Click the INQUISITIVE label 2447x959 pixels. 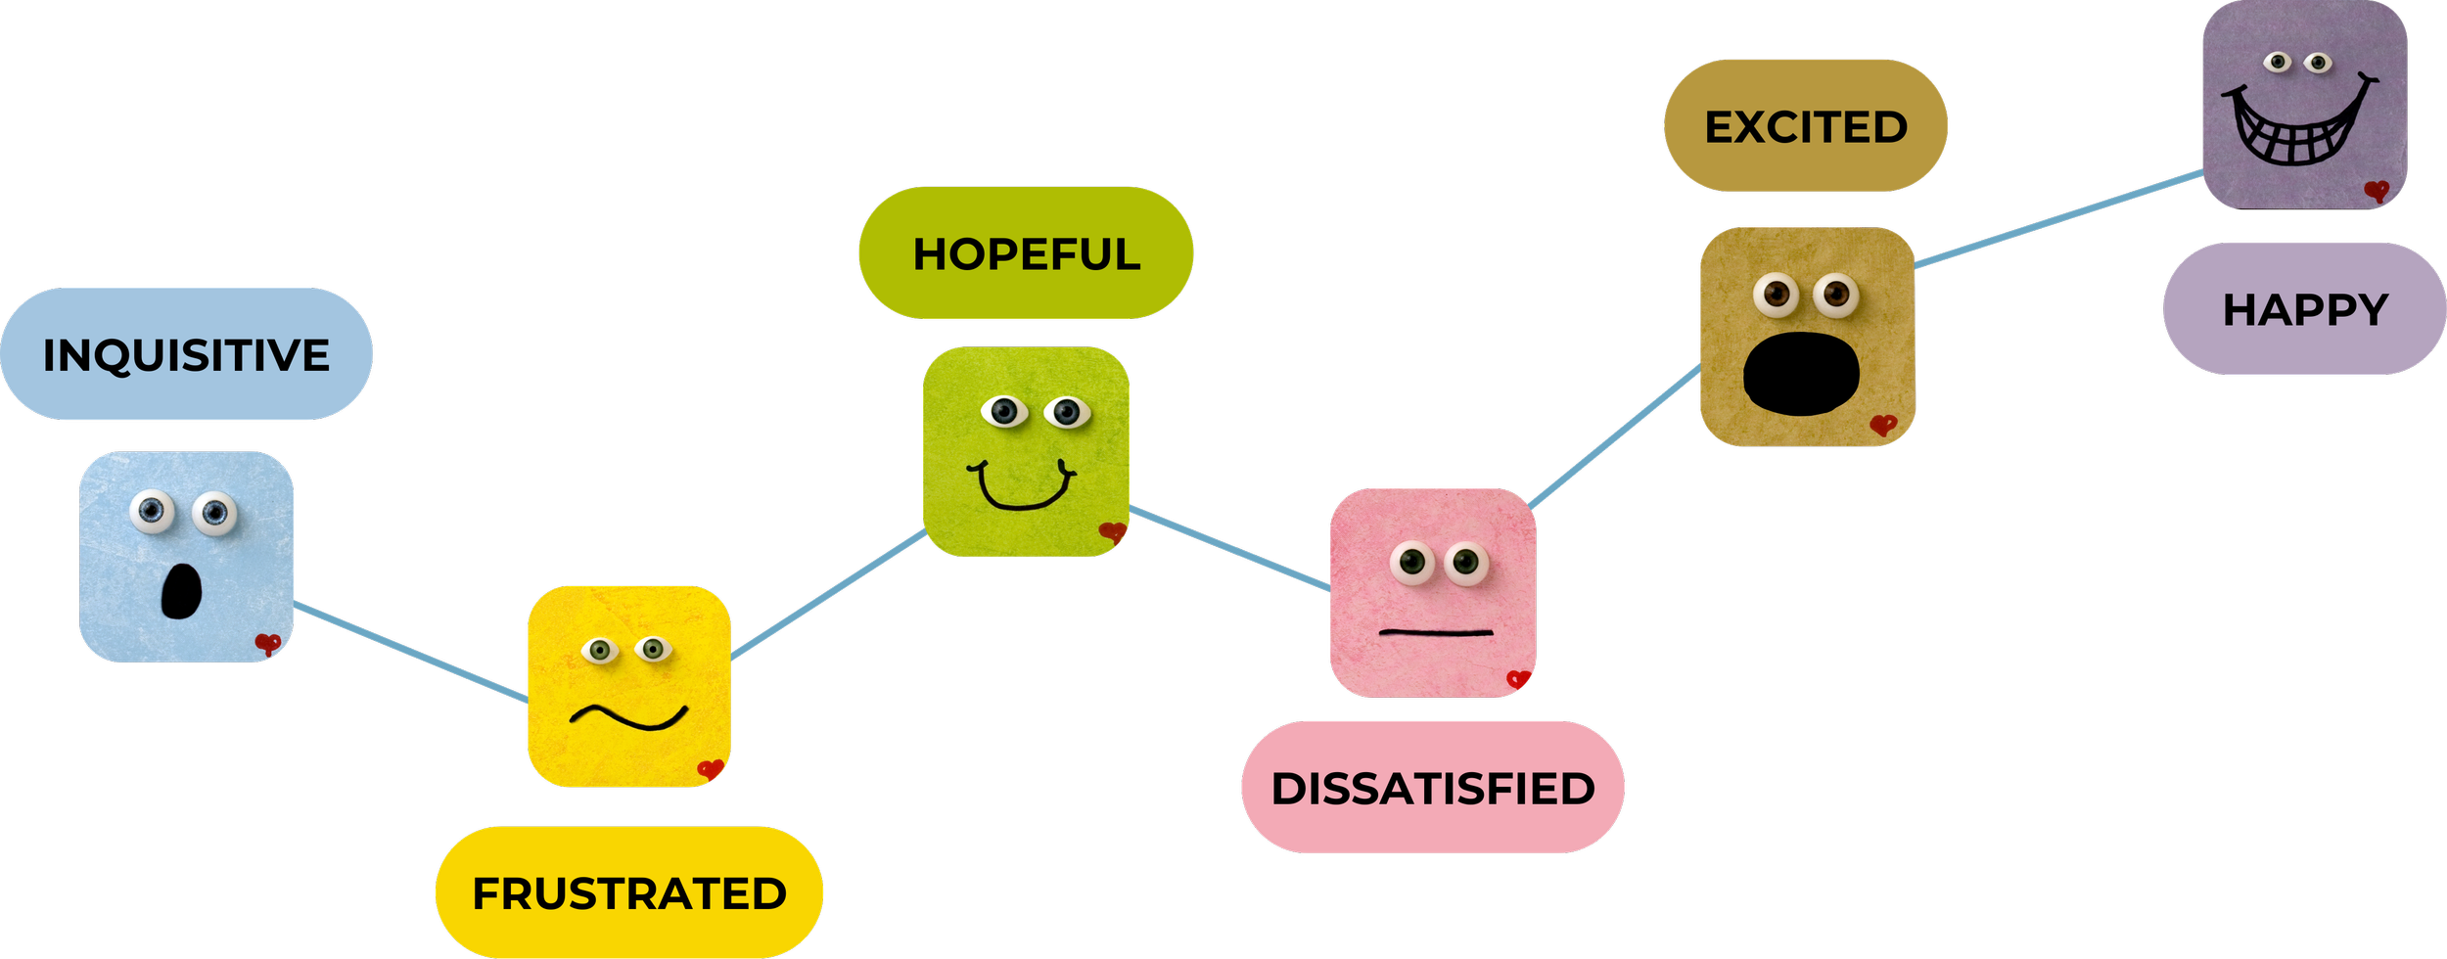point(186,354)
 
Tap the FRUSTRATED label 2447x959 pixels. point(628,892)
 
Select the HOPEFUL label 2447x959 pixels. point(1026,253)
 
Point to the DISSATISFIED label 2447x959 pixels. point(1433,788)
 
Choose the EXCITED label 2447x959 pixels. point(1806,126)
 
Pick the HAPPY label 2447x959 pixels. point(2305,309)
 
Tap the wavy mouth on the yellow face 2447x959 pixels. point(629,717)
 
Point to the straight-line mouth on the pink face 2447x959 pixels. point(1436,633)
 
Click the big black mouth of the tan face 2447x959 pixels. point(1801,374)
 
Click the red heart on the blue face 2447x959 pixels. point(267,643)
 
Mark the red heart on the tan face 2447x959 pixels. point(1882,425)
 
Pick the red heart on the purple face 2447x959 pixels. point(2376,191)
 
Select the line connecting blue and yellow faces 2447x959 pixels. point(411,652)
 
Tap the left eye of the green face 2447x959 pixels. point(1004,411)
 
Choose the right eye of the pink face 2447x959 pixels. point(1465,562)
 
